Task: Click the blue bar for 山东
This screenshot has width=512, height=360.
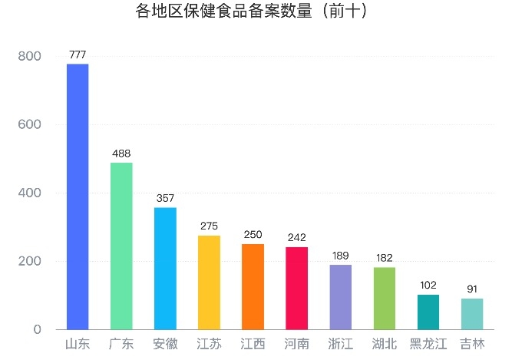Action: (x=78, y=197)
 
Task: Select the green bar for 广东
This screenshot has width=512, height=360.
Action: (x=121, y=246)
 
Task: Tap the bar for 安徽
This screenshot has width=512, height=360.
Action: (x=165, y=268)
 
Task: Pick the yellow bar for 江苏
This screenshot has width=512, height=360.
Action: (x=209, y=282)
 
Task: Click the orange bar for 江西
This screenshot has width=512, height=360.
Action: (x=253, y=286)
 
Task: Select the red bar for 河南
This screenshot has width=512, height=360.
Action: (x=296, y=288)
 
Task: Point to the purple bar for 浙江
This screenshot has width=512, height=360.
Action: (x=341, y=297)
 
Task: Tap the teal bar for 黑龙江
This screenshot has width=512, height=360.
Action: (x=428, y=312)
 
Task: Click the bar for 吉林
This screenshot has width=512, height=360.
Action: (x=472, y=314)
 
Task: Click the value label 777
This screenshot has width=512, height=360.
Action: (x=78, y=54)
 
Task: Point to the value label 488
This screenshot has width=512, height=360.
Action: (x=121, y=154)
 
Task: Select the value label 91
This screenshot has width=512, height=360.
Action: (x=472, y=289)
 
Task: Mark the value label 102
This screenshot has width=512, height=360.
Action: (x=428, y=286)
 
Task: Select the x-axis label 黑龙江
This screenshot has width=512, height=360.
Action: (x=428, y=344)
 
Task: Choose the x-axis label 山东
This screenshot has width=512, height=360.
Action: (x=78, y=344)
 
